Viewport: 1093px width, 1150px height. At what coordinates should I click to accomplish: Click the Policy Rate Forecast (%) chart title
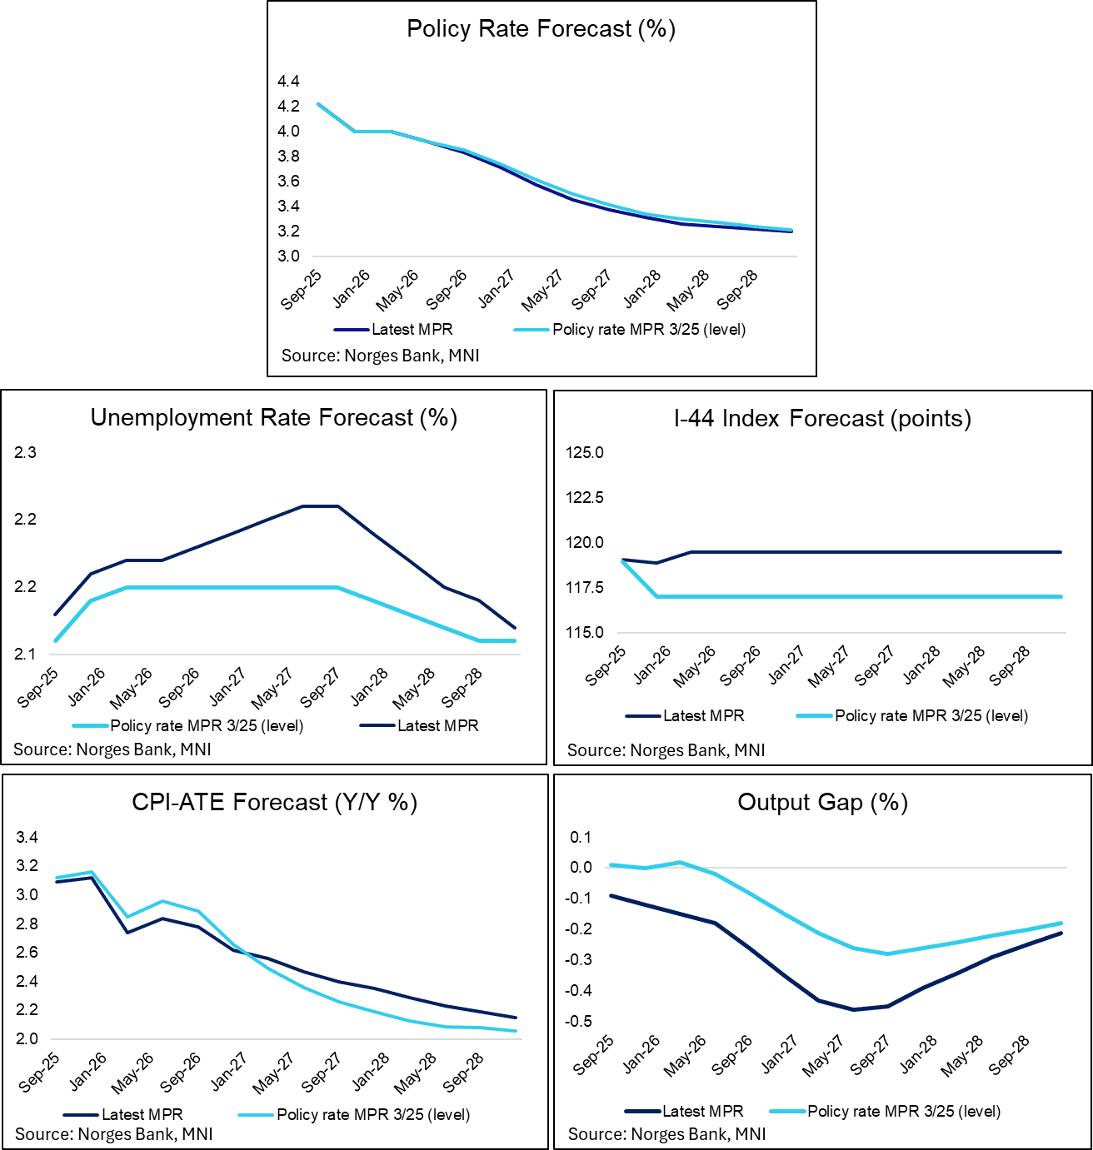pyautogui.click(x=541, y=29)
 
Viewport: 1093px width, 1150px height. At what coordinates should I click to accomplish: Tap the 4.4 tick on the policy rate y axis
pyautogui.click(x=288, y=82)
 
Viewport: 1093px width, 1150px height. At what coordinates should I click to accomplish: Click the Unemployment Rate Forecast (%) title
pyautogui.click(x=274, y=417)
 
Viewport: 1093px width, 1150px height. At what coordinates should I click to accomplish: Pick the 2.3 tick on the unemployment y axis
pyautogui.click(x=25, y=453)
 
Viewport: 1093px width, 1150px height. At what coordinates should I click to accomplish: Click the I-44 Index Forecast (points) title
pyautogui.click(x=822, y=418)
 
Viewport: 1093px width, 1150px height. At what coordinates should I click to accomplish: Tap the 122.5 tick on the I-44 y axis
pyautogui.click(x=584, y=498)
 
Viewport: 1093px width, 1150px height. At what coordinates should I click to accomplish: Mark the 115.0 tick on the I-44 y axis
pyautogui.click(x=584, y=633)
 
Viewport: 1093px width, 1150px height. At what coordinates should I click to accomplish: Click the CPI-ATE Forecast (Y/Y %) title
pyautogui.click(x=274, y=803)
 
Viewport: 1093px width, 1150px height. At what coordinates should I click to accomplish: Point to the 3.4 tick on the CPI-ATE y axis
pyautogui.click(x=27, y=838)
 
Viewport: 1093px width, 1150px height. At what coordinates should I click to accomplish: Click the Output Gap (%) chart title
pyautogui.click(x=822, y=803)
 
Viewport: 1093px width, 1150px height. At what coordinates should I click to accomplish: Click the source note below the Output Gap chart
pyautogui.click(x=666, y=1134)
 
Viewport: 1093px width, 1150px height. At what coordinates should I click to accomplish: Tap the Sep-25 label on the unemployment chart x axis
pyautogui.click(x=38, y=688)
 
